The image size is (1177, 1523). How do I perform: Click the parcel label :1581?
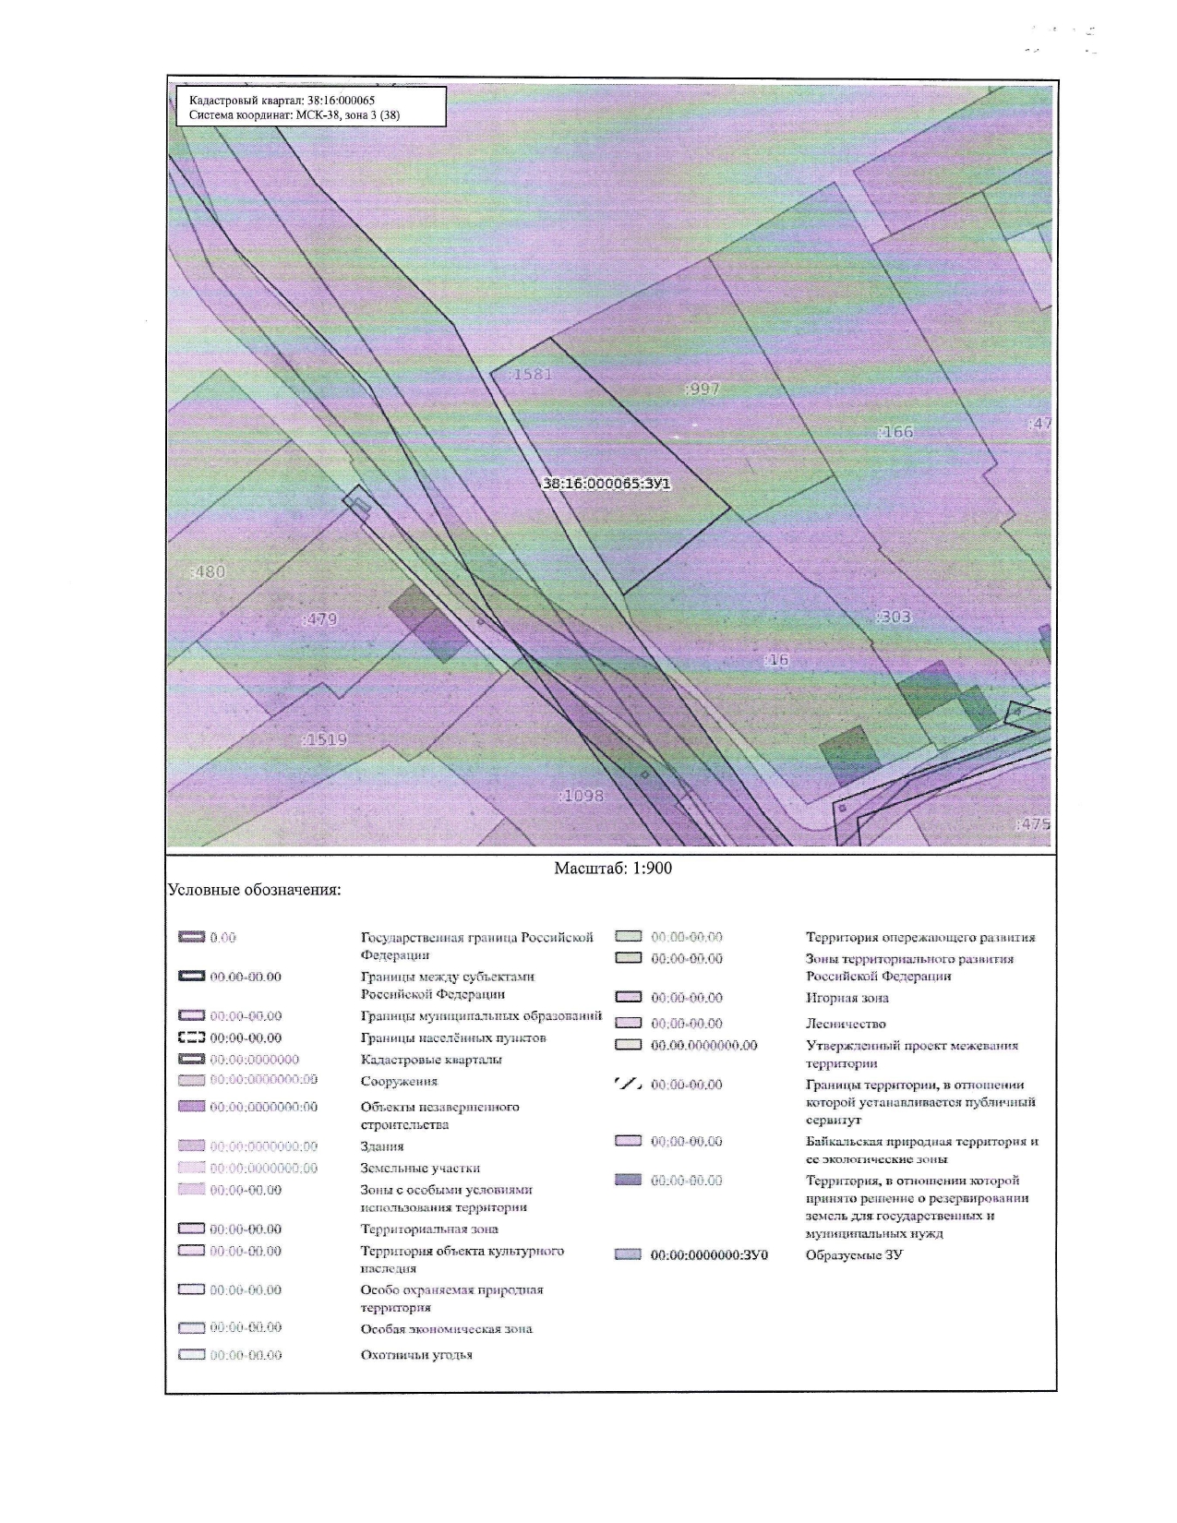533,375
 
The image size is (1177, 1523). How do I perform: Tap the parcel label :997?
703,389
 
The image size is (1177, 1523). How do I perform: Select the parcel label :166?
895,431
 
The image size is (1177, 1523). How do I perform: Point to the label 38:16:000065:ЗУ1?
606,482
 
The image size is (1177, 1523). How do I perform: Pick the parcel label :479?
320,619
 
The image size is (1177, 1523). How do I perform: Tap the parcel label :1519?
324,739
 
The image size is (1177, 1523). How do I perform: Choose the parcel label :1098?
582,795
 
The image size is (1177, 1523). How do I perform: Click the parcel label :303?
893,617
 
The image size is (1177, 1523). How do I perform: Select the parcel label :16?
777,660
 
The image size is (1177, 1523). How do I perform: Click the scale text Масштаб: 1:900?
613,869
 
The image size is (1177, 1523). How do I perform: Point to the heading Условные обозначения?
254,891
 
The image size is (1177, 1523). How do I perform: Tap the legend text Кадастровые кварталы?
431,1060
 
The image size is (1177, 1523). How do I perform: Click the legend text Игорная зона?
847,998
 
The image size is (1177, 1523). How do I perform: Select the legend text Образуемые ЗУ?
854,1255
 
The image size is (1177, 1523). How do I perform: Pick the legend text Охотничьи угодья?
416,1355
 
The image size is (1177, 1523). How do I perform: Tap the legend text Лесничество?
846,1024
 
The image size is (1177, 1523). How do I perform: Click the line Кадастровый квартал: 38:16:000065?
282,101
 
